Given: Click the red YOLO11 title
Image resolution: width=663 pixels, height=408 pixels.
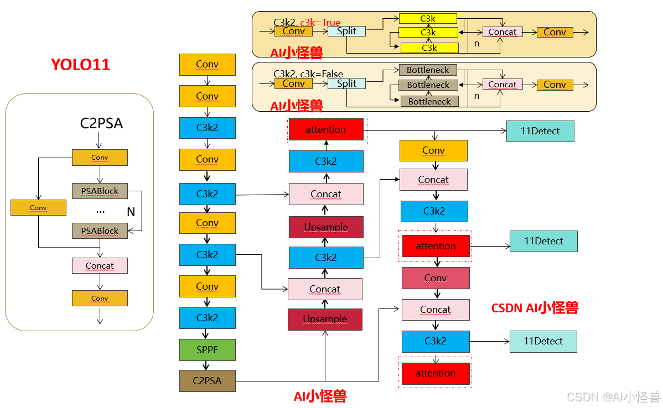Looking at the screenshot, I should coord(80,65).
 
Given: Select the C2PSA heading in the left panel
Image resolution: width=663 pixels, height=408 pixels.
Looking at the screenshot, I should coord(101,123).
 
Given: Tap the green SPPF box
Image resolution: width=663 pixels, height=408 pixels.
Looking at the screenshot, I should coord(207,350).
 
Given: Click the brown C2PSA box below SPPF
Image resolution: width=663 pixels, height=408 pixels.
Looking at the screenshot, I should coord(207,381).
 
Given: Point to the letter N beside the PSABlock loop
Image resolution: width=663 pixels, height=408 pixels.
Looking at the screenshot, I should coord(131,212).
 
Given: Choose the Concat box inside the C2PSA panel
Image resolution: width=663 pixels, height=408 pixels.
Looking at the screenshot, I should coord(100,265).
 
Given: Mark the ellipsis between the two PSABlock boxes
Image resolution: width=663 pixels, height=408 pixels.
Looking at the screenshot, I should coord(100,211).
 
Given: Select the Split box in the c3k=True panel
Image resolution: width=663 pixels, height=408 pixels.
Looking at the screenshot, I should coord(346,31).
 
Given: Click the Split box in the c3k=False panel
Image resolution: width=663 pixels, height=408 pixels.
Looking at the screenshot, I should coord(346,83).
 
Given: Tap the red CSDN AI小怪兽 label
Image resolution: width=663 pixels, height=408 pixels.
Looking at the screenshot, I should coord(535,308).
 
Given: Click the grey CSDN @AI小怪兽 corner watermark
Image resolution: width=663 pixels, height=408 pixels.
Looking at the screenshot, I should coord(614,396).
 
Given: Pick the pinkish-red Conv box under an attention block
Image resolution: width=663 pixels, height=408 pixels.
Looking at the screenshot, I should coord(435,278).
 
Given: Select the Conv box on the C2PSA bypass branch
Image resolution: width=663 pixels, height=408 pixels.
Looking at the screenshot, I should coord(38,208).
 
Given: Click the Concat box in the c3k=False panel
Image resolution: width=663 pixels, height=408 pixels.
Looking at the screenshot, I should coord(502,84).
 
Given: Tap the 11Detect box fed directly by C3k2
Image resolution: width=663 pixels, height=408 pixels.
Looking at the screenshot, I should coord(543,342).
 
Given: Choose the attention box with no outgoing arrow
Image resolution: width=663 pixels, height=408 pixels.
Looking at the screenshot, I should coord(435,374).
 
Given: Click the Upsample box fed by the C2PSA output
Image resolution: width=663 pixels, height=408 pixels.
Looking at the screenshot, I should coord(325,320).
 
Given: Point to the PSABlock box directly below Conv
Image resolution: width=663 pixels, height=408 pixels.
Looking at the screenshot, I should coord(100,191).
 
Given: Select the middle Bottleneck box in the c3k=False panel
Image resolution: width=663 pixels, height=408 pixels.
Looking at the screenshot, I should coord(428,85).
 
